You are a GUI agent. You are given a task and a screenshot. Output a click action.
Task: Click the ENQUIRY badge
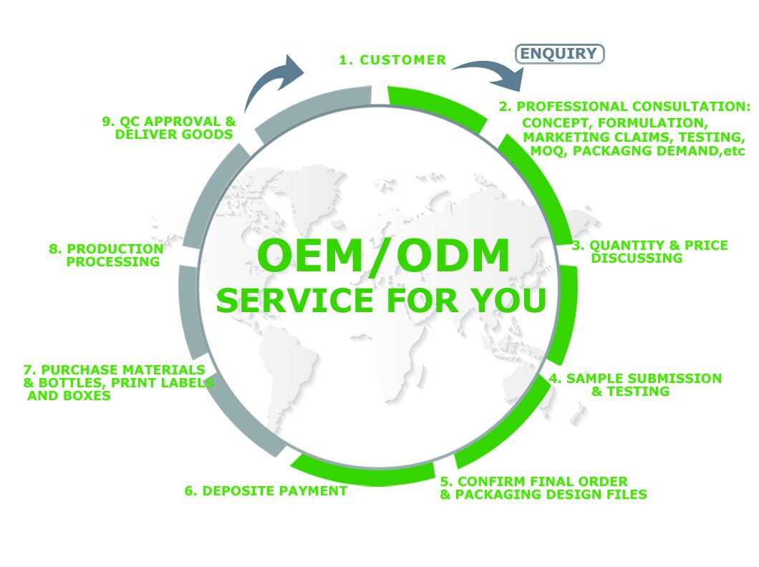(x=559, y=54)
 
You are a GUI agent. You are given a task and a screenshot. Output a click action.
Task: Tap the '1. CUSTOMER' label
(x=392, y=60)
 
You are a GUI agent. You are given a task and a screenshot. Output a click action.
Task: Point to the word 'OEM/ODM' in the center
(x=383, y=256)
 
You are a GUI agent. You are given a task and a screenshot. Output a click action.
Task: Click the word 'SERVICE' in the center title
(x=295, y=300)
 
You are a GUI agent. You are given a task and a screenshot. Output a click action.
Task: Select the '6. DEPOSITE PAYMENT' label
(x=266, y=491)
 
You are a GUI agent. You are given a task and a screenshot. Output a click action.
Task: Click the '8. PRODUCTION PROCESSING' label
(x=106, y=255)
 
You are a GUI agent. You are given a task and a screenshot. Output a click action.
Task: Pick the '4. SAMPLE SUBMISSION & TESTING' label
(x=635, y=384)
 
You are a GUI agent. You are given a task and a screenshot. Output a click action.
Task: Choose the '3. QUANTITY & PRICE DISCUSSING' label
(x=649, y=251)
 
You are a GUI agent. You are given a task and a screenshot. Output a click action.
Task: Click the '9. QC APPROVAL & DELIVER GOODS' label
(x=169, y=127)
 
